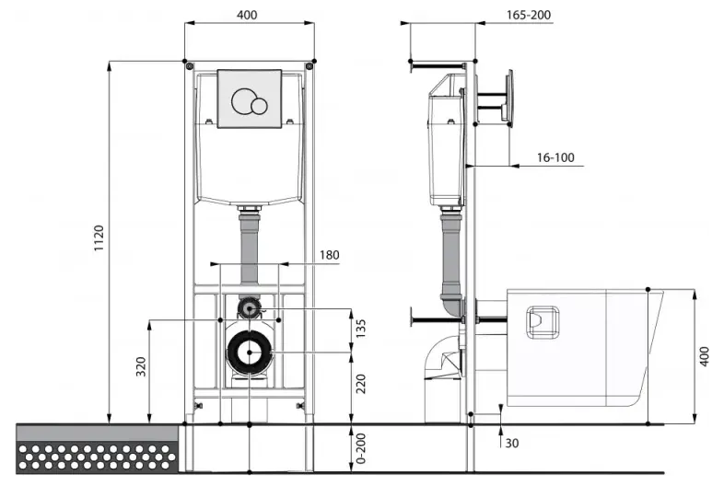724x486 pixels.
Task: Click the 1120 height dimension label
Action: point(99,238)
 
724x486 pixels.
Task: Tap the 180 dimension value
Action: point(329,255)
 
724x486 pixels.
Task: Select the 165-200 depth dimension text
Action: point(529,15)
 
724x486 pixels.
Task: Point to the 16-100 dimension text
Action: point(555,157)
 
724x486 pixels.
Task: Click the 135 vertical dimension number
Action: point(360,329)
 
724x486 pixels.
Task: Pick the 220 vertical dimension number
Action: point(360,384)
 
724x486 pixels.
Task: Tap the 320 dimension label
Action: point(141,366)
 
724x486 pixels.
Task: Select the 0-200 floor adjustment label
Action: point(360,448)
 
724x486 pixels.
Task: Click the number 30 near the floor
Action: point(511,443)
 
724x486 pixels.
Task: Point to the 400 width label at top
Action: point(247,15)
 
